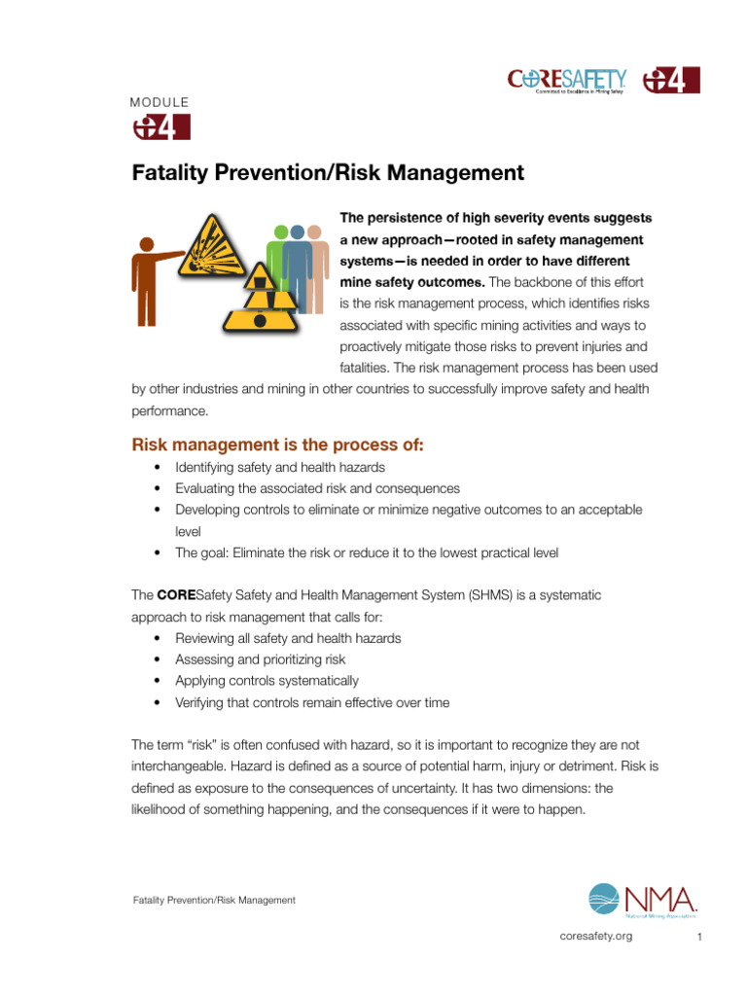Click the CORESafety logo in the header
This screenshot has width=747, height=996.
[568, 80]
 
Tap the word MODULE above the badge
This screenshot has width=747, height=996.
[160, 102]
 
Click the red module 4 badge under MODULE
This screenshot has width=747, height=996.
[160, 127]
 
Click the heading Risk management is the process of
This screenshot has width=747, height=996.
[278, 445]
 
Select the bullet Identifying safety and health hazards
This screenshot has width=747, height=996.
[280, 468]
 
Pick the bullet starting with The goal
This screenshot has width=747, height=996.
[366, 553]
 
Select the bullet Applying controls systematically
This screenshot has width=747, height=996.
[267, 681]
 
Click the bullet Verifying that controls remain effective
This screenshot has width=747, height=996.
[311, 702]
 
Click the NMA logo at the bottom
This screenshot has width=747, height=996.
[643, 901]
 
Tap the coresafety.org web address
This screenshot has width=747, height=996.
[596, 936]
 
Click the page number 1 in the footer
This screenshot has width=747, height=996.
[699, 937]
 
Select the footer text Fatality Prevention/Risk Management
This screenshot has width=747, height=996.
[214, 901]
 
